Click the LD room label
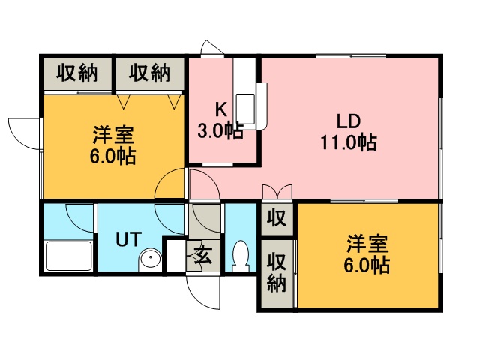[x=349, y=121]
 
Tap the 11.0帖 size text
[x=349, y=142]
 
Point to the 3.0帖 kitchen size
[x=219, y=132]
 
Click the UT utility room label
[x=127, y=240]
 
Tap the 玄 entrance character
[x=202, y=255]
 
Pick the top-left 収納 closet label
[x=76, y=73]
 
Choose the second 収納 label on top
[x=148, y=73]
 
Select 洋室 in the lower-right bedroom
[x=367, y=244]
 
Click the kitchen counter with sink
[x=247, y=90]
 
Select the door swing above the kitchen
[x=212, y=49]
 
